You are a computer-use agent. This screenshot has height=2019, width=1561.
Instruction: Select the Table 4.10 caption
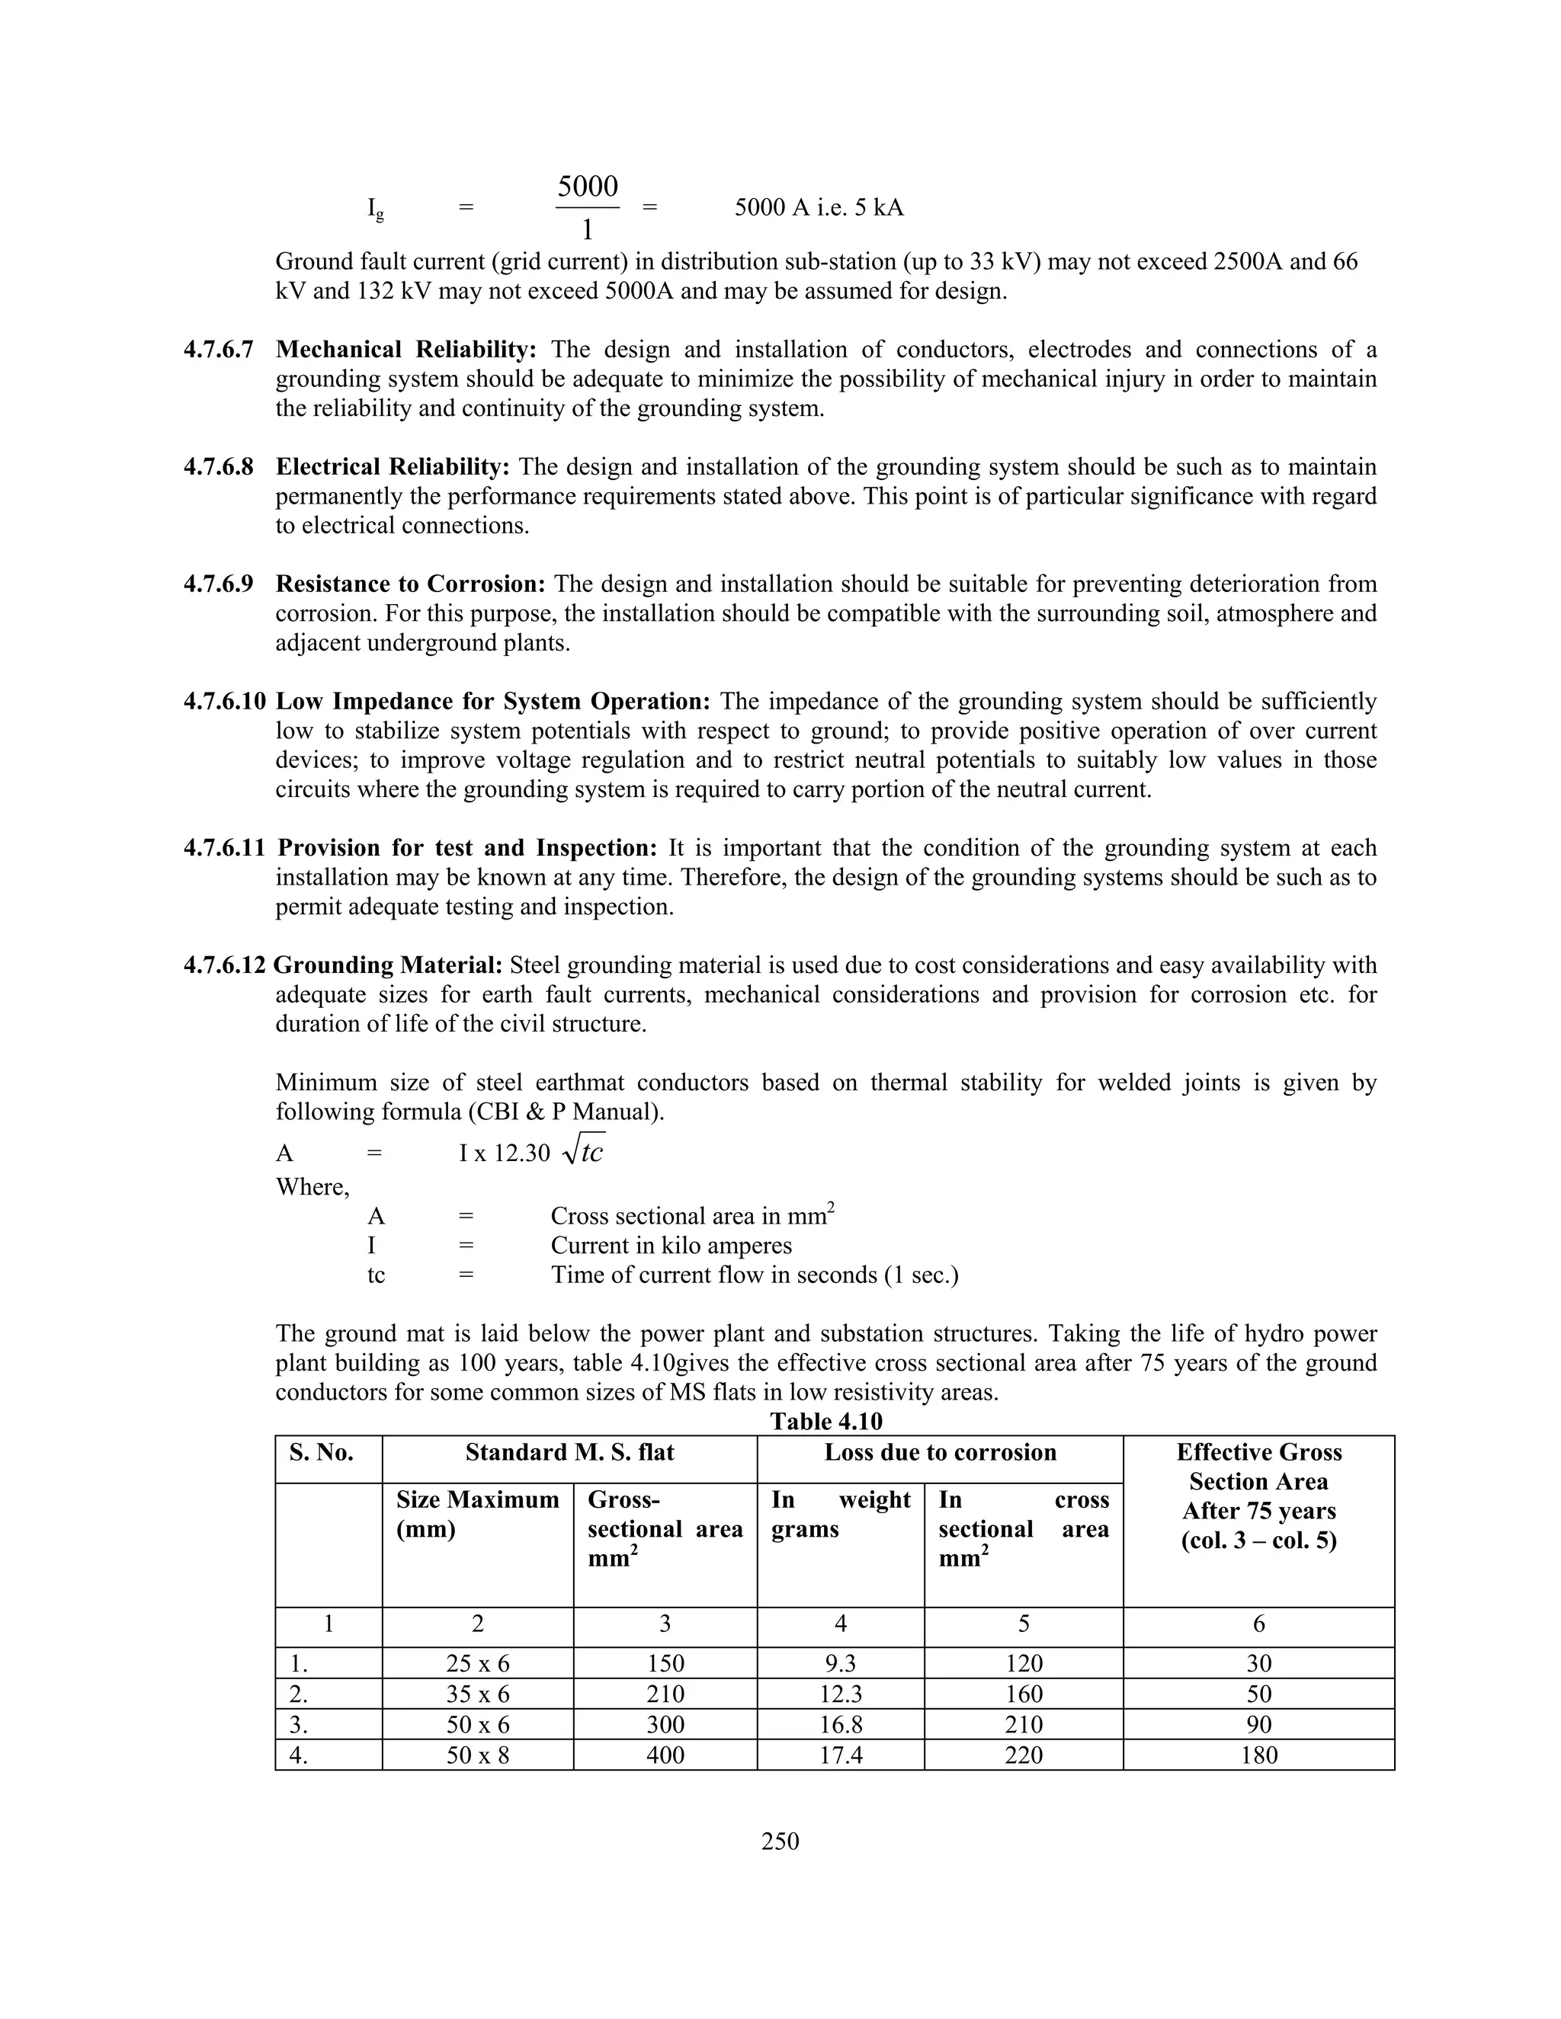825,1420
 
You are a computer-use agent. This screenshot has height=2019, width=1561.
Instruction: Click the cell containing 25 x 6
477,1663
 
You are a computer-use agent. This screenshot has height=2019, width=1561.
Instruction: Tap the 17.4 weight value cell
841,1755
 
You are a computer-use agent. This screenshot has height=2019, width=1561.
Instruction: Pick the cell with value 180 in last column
1258,1755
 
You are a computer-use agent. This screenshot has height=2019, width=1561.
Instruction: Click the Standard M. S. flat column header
569,1451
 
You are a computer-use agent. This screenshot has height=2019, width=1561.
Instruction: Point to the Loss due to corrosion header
940,1451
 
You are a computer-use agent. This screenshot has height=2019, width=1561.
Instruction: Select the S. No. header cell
321,1451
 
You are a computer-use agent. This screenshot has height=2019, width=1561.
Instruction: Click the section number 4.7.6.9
218,584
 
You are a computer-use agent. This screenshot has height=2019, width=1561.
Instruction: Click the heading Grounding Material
389,965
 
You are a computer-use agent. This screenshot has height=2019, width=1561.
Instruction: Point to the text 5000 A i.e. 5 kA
819,207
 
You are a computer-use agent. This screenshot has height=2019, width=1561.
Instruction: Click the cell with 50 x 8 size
477,1755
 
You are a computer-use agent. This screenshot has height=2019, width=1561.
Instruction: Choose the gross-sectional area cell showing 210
665,1694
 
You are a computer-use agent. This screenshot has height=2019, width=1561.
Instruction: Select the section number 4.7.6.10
224,702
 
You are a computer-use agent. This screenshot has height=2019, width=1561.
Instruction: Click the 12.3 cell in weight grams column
841,1694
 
